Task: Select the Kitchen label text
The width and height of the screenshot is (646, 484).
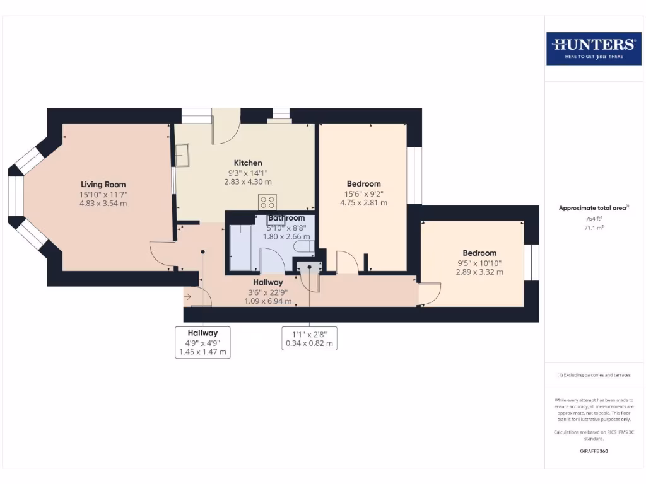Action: click(248, 163)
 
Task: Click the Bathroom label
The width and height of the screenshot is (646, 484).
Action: click(286, 218)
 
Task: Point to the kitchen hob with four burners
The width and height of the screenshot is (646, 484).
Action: click(267, 202)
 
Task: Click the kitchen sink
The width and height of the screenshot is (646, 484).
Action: click(182, 154)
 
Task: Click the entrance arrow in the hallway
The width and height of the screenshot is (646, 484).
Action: click(188, 296)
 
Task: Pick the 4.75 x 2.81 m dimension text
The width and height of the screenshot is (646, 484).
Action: click(363, 203)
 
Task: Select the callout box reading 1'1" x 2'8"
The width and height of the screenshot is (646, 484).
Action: click(309, 338)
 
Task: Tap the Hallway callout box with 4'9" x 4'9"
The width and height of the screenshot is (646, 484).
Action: click(202, 342)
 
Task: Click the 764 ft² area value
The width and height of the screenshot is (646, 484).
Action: click(594, 219)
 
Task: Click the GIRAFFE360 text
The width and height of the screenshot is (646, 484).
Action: click(594, 451)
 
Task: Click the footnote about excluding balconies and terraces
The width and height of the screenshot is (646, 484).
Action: click(594, 375)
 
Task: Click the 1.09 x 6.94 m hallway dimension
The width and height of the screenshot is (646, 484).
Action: click(268, 301)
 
